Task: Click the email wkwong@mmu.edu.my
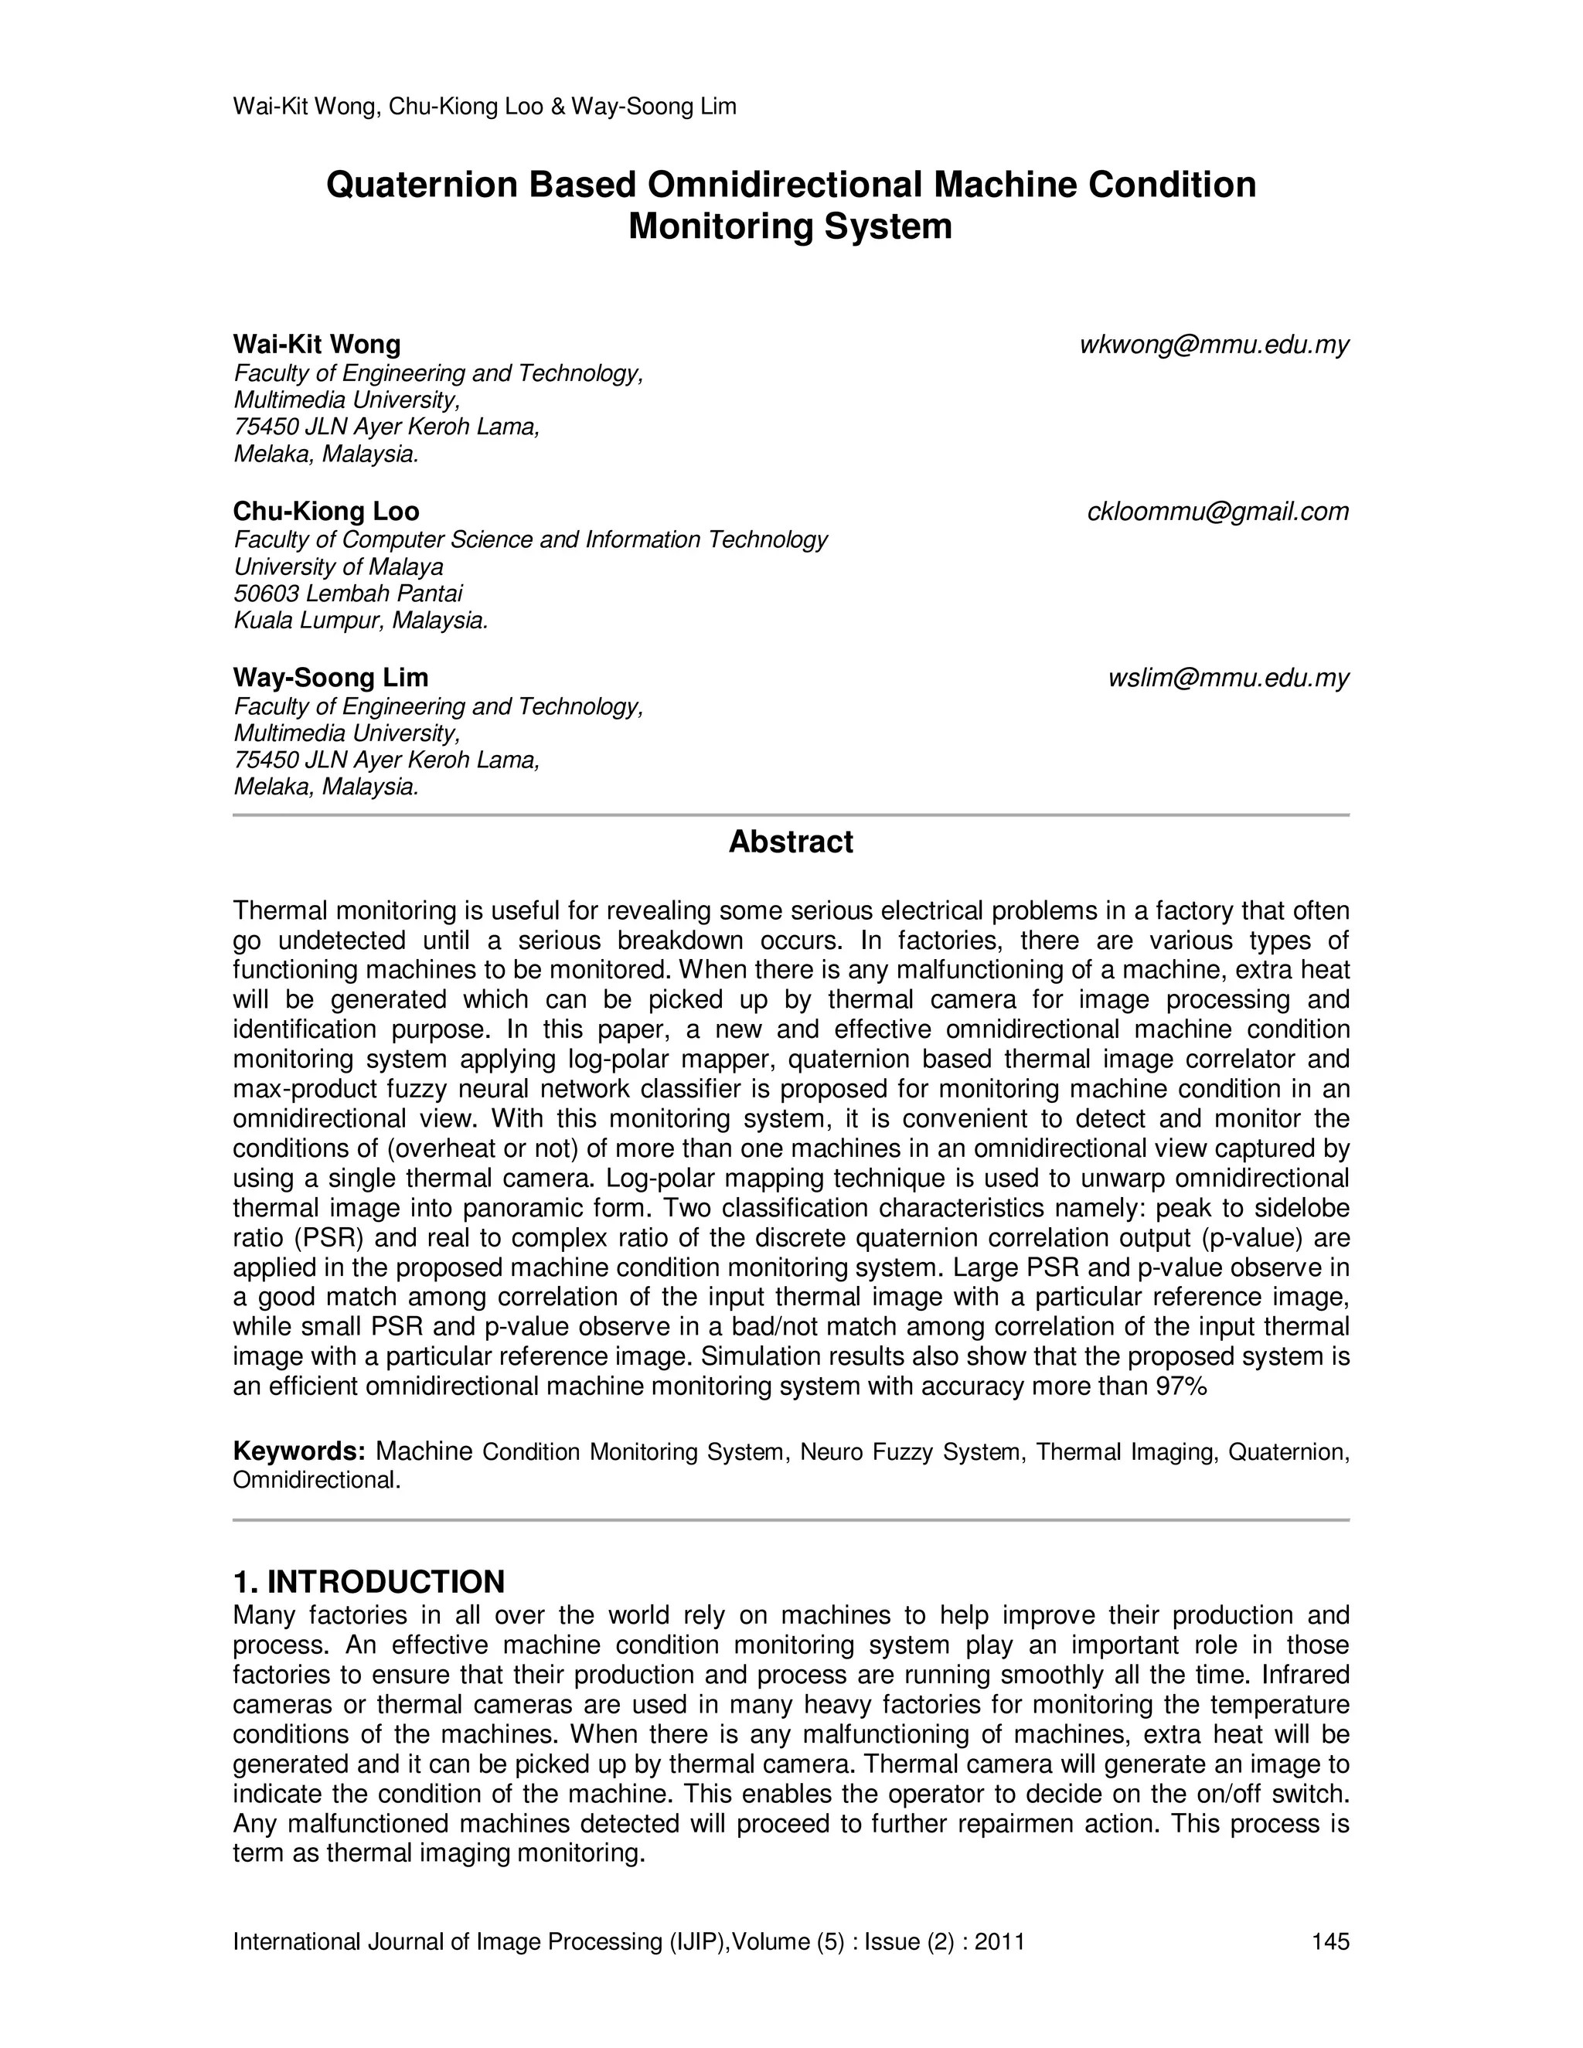(x=1214, y=345)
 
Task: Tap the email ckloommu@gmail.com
(x=1217, y=512)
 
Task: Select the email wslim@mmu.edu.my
(x=1227, y=678)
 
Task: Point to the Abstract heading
(x=791, y=842)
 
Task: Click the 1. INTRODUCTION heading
(x=369, y=1582)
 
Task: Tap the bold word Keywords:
(x=299, y=1451)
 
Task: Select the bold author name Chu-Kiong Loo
(x=326, y=512)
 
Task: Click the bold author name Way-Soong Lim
(x=330, y=678)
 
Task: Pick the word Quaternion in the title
(x=421, y=185)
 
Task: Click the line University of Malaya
(x=339, y=567)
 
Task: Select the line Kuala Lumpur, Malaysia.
(x=360, y=621)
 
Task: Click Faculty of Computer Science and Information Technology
(x=529, y=540)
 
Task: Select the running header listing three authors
(x=484, y=107)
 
